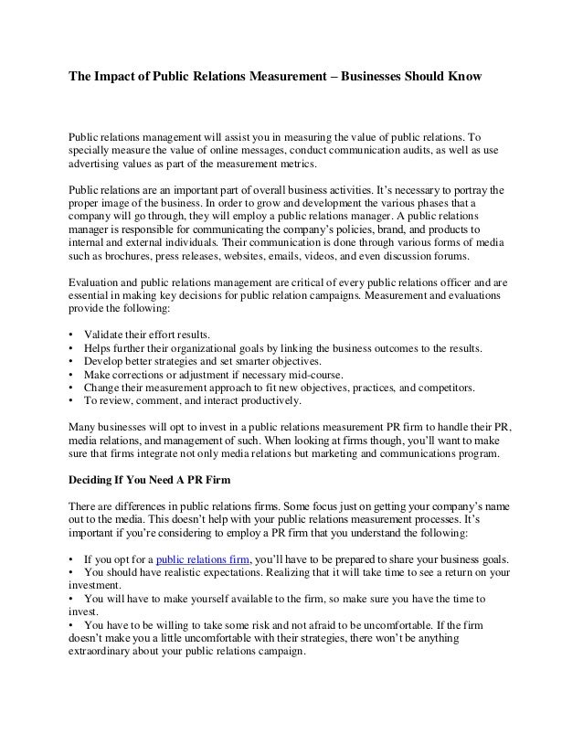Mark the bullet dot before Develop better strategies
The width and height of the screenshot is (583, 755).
coord(71,362)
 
